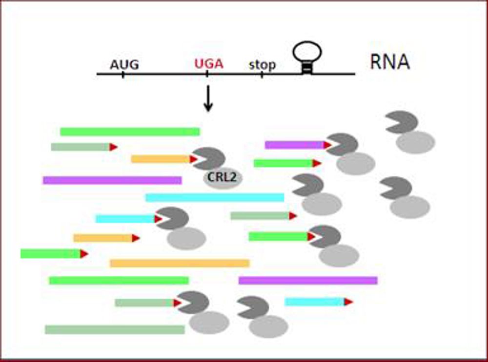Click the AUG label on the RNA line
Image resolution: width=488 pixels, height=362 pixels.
click(124, 64)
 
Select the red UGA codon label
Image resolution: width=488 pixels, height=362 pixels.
click(209, 64)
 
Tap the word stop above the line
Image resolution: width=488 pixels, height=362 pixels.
click(262, 64)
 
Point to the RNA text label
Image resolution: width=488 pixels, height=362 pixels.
click(389, 62)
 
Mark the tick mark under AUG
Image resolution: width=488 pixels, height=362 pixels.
click(122, 74)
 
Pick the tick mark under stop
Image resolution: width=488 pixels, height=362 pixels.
click(262, 74)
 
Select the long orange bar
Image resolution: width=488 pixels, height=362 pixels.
click(179, 263)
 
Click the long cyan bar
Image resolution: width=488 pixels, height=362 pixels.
click(215, 197)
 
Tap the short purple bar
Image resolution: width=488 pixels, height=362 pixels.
click(295, 145)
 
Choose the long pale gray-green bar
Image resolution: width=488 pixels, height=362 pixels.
click(115, 330)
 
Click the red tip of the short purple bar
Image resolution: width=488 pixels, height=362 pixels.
click(327, 145)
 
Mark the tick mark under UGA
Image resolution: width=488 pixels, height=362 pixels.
click(207, 74)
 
